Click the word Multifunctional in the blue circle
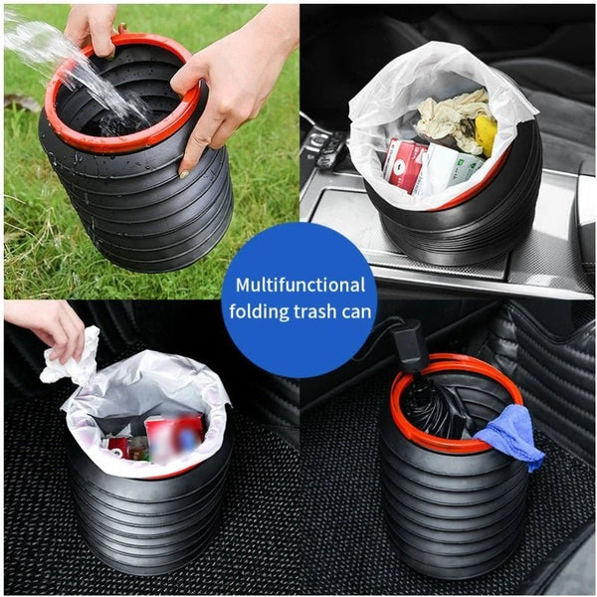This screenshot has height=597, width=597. tap(300, 286)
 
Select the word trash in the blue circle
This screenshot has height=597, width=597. tap(314, 311)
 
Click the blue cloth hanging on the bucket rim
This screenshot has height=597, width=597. tap(510, 437)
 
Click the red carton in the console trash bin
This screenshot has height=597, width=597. tap(403, 164)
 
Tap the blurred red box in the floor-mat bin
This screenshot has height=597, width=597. tap(174, 437)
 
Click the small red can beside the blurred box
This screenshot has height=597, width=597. tap(119, 448)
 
